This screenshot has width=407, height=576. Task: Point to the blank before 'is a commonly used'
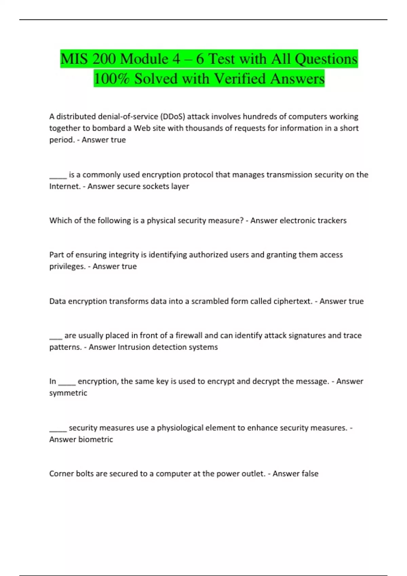click(x=58, y=175)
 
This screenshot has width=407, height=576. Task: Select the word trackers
click(x=330, y=221)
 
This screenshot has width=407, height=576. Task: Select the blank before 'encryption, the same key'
click(x=67, y=382)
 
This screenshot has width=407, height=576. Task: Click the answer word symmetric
click(x=68, y=393)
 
